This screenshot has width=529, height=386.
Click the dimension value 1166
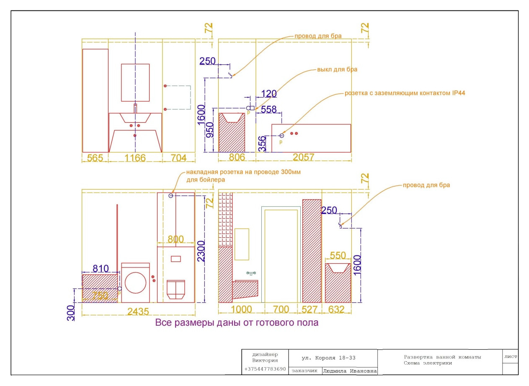(135, 158)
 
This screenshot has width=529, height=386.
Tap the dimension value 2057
(304, 157)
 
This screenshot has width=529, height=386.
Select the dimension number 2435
(138, 311)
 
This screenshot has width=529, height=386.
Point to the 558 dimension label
(269, 110)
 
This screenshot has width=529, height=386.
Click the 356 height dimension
(262, 144)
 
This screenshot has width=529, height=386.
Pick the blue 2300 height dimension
(201, 251)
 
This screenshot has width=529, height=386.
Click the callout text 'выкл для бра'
(337, 69)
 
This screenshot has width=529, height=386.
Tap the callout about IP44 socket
(405, 93)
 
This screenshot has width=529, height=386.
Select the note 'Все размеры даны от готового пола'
(237, 322)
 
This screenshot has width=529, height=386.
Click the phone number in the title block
(265, 369)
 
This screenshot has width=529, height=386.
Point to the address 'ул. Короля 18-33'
(328, 358)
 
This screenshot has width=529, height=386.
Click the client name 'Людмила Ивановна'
(350, 371)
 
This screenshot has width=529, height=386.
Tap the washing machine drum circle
(136, 283)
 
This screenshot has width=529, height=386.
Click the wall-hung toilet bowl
(176, 290)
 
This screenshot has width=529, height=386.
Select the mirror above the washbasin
(135, 82)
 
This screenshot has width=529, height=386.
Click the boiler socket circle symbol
(171, 196)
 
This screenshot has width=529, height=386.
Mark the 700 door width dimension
(281, 309)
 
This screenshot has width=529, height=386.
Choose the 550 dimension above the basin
(338, 255)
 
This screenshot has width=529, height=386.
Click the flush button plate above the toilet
(175, 259)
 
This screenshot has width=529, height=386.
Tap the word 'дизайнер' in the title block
(265, 355)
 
